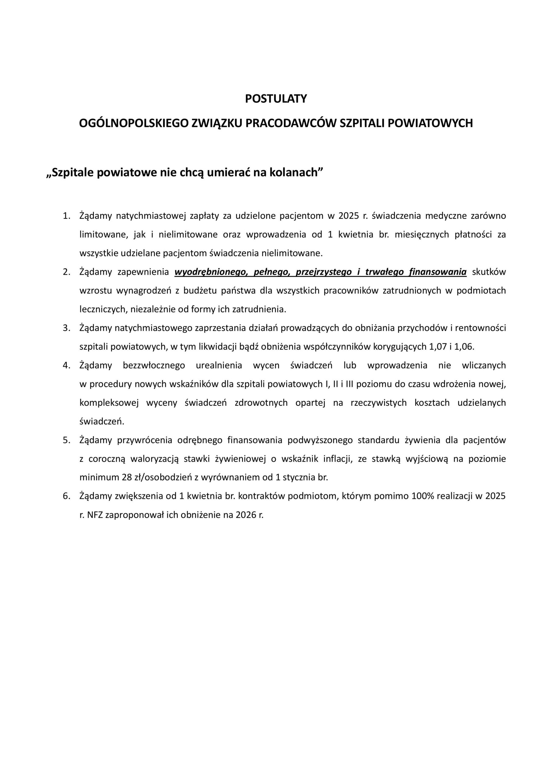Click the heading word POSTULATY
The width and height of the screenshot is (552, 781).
click(x=276, y=99)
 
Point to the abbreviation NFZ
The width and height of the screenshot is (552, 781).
click(x=95, y=515)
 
